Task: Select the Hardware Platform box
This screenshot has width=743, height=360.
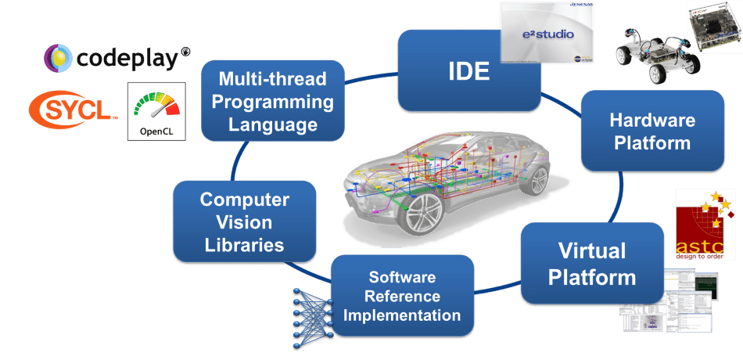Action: pos(652,131)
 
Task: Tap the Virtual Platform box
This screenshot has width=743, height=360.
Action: pos(591,263)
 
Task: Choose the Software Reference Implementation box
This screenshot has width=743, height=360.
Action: pos(402,297)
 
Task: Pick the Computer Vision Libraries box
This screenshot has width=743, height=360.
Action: pos(244,222)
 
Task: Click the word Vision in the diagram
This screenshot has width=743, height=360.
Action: pos(244,222)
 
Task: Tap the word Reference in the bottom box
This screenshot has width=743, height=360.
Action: pos(402,297)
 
